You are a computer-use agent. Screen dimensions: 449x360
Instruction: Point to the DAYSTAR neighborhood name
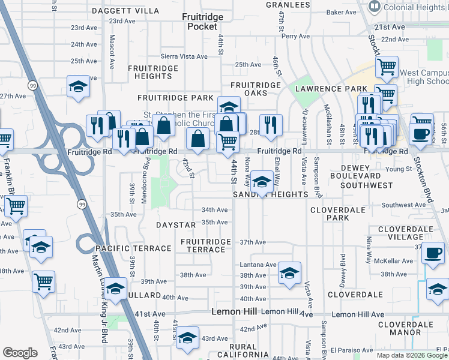pyautogui.click(x=176, y=225)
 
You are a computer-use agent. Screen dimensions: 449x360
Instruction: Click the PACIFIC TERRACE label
pyautogui.click(x=133, y=248)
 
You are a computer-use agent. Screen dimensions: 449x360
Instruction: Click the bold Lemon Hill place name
pyautogui.click(x=235, y=312)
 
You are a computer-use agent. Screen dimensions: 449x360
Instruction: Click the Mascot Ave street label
pyautogui.click(x=112, y=50)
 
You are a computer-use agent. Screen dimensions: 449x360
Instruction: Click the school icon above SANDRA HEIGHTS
pyautogui.click(x=262, y=182)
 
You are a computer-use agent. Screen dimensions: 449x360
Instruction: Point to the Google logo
pyautogui.click(x=20, y=353)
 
